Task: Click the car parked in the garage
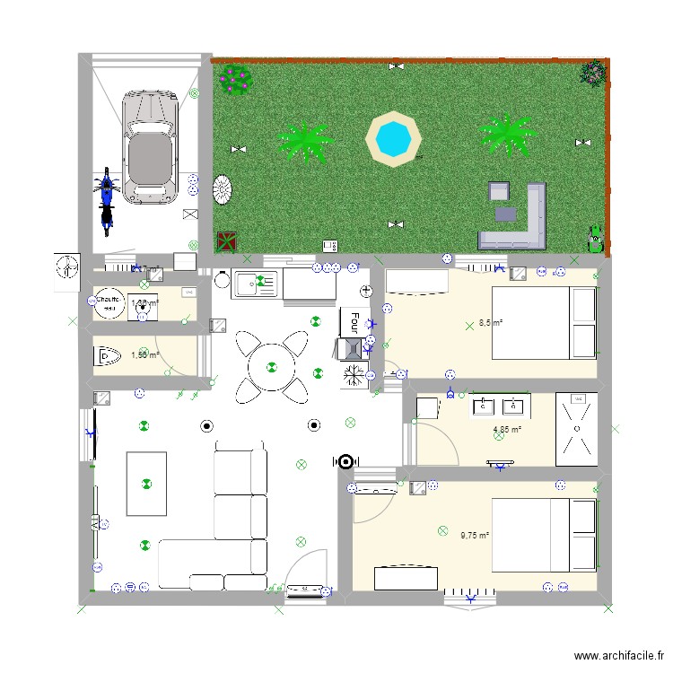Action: [x=149, y=146]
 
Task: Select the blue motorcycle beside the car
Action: [x=106, y=200]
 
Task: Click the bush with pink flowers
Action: [x=236, y=79]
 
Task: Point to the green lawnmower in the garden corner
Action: [x=594, y=239]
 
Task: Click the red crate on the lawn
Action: [x=226, y=241]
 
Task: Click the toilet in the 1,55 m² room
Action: [x=107, y=356]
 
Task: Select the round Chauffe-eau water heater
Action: [x=109, y=303]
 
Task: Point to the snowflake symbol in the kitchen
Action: [x=354, y=374]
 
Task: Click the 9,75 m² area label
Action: [x=475, y=536]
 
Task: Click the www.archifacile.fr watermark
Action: [x=619, y=656]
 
